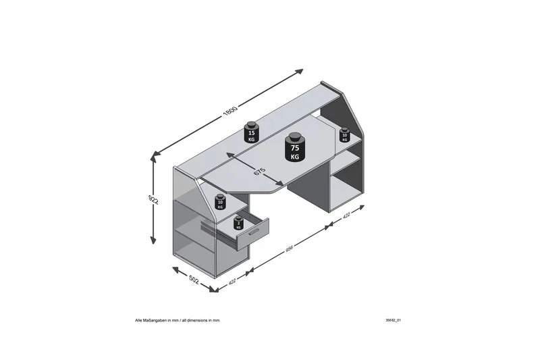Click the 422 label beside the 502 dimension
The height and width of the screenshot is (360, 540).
click(233, 282)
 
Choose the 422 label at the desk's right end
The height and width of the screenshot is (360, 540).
click(346, 217)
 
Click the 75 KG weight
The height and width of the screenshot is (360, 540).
click(294, 151)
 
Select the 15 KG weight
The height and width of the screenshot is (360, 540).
click(252, 134)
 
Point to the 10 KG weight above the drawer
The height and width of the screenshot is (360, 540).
click(220, 203)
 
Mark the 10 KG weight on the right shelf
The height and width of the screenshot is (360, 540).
click(344, 136)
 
